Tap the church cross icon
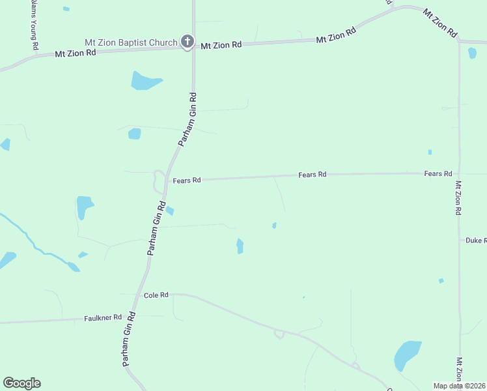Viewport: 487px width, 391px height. pyautogui.click(x=187, y=43)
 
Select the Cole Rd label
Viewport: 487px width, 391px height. pyautogui.click(x=156, y=295)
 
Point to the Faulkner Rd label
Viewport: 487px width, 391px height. pyautogui.click(x=103, y=318)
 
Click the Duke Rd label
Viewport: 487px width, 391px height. pyautogui.click(x=475, y=240)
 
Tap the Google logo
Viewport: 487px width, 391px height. pyautogui.click(x=21, y=383)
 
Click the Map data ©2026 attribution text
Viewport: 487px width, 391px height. pyautogui.click(x=459, y=386)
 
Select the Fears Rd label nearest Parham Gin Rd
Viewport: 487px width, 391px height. pyautogui.click(x=187, y=180)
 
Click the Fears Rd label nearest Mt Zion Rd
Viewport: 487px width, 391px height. pyautogui.click(x=438, y=174)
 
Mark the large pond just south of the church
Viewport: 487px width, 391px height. pyautogui.click(x=145, y=81)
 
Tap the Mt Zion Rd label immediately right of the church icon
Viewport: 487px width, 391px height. pyautogui.click(x=221, y=45)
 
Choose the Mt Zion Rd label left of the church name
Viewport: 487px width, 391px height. pyautogui.click(x=76, y=53)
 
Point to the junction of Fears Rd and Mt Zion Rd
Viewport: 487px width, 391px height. pyautogui.click(x=459, y=173)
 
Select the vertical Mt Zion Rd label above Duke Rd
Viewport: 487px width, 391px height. pyautogui.click(x=458, y=198)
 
